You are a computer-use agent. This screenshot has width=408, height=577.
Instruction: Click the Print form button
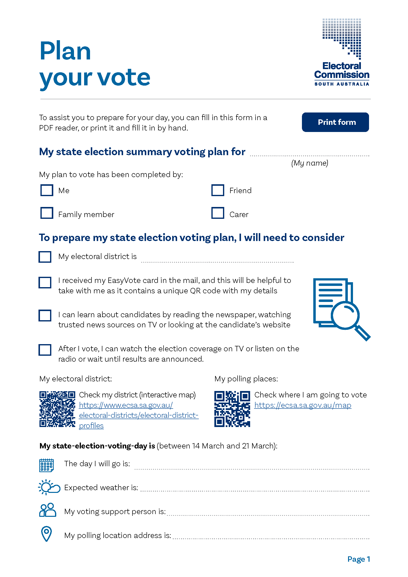click(335, 122)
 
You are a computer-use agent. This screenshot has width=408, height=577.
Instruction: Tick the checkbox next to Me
click(47, 190)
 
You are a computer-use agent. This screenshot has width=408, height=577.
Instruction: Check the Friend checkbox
click(218, 190)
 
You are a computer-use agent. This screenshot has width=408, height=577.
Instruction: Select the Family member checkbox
click(47, 213)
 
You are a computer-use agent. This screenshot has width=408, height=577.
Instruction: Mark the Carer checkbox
click(218, 213)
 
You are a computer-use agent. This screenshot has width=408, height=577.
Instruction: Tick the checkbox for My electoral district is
click(45, 257)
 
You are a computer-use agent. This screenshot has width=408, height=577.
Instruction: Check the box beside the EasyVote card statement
click(45, 282)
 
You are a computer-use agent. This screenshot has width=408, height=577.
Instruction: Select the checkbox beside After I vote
click(45, 350)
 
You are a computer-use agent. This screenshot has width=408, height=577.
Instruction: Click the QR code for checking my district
click(57, 409)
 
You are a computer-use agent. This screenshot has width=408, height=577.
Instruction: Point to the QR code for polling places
click(232, 409)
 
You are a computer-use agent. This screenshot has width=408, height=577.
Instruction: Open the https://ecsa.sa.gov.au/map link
click(302, 405)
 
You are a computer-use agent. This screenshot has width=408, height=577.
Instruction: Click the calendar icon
click(46, 465)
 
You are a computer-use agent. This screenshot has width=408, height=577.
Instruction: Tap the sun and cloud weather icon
click(49, 487)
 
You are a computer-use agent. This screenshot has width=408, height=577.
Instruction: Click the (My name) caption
click(310, 163)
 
